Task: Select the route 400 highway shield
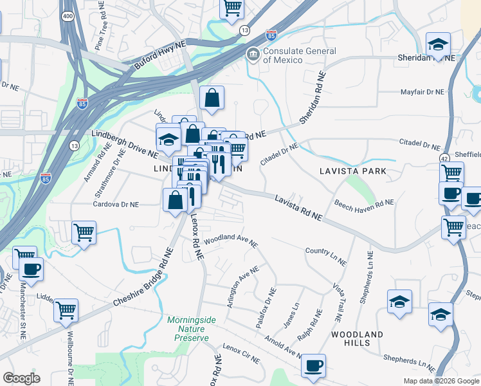tap(67, 15)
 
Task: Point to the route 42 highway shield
tap(444, 158)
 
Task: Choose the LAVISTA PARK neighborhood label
tap(354, 171)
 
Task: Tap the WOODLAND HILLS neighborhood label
tap(357, 339)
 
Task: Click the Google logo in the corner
tap(21, 378)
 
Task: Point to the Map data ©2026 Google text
tap(441, 381)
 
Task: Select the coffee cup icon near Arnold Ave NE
tap(313, 365)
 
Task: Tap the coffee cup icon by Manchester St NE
tap(30, 269)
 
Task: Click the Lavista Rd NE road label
tap(298, 208)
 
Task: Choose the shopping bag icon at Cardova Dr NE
tap(176, 200)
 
